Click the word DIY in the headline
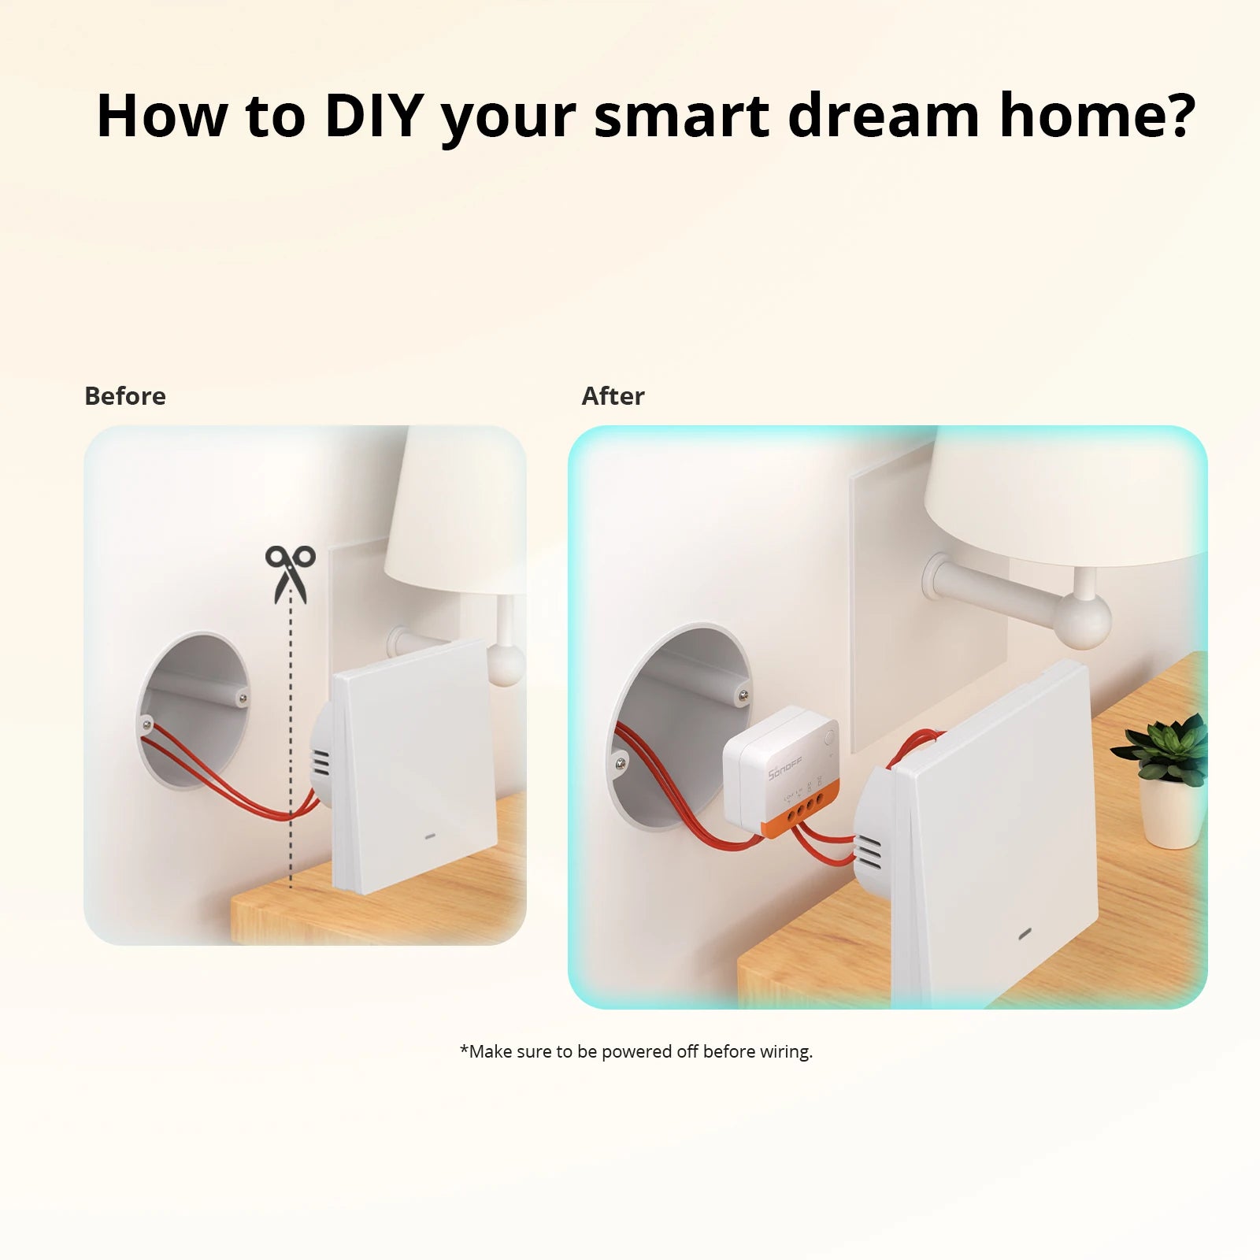coord(375,115)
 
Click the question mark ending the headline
coord(1178,115)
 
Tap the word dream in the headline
coord(883,115)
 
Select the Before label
coord(125,396)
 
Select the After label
coord(613,396)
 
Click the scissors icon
coord(290,573)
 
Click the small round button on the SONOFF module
coord(829,739)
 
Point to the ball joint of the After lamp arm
coord(1084,621)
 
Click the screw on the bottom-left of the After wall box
coord(621,762)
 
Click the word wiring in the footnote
coord(784,1051)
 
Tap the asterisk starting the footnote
coord(464,1050)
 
